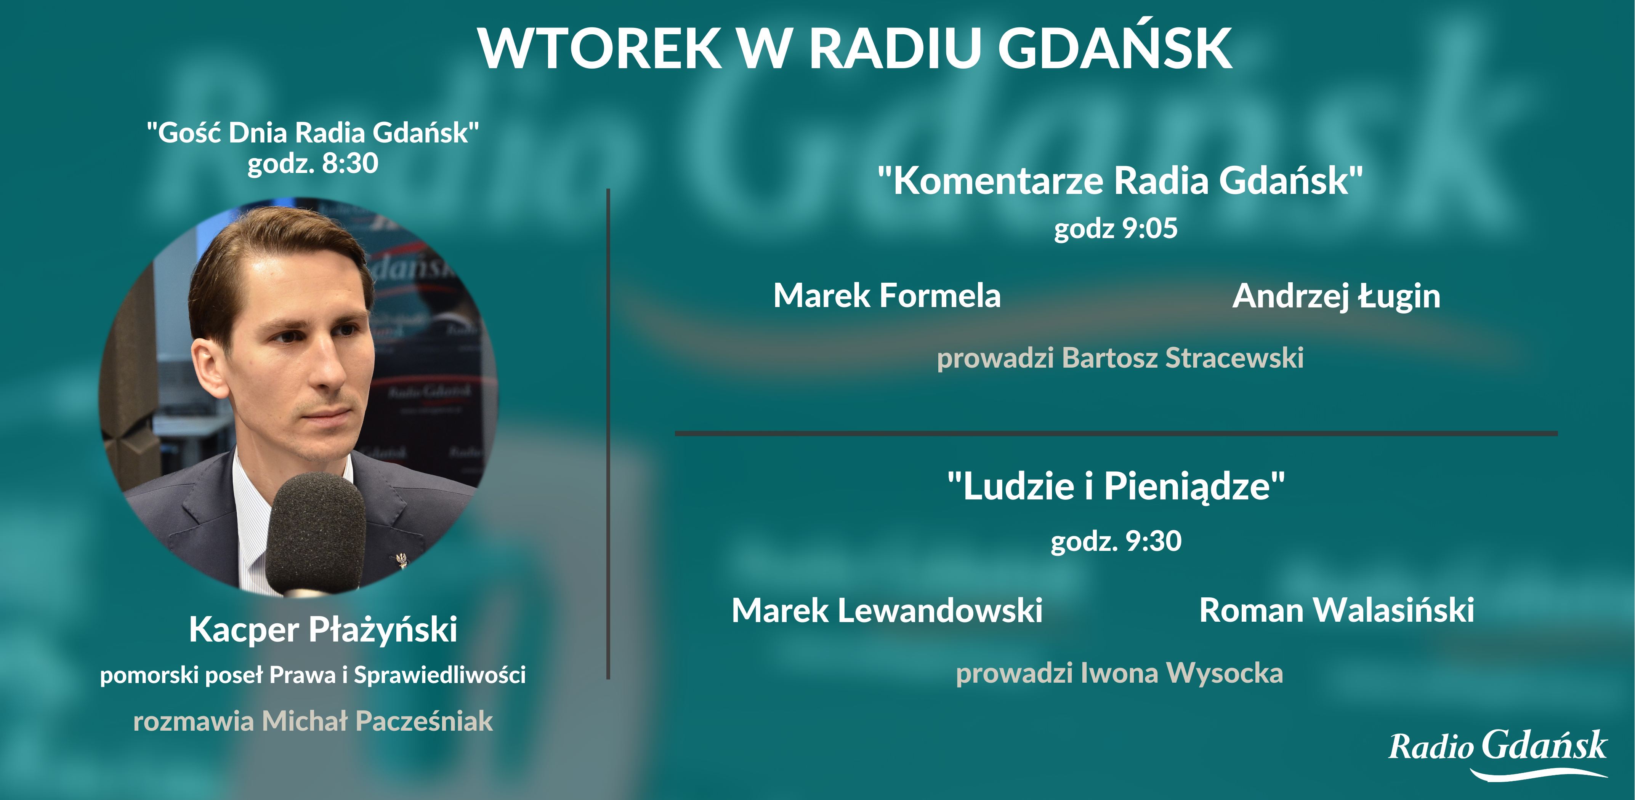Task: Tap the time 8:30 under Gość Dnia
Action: point(350,163)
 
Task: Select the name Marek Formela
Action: point(887,296)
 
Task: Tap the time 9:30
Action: point(1153,541)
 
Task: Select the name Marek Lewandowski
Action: point(887,610)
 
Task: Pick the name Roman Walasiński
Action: point(1336,610)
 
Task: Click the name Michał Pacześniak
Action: point(377,721)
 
